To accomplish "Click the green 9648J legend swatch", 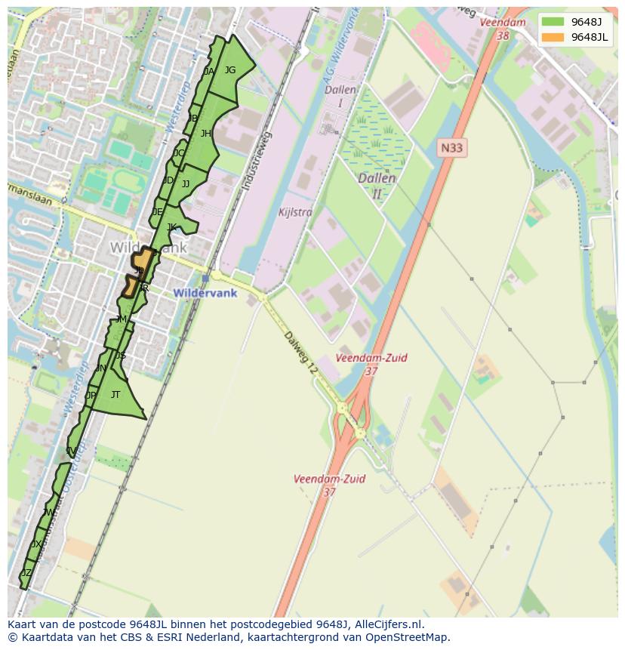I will tap(552, 22).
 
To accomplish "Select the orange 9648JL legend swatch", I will tap(552, 37).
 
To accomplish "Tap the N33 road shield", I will tap(451, 148).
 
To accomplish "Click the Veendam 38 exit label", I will tap(503, 29).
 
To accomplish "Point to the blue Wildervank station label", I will tap(205, 293).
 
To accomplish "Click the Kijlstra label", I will tap(294, 213).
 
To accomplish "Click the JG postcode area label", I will tap(230, 70).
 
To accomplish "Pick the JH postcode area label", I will tap(205, 134).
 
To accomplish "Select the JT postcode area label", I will tap(115, 395).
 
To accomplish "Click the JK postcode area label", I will tap(171, 227).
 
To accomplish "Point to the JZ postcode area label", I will tap(26, 573).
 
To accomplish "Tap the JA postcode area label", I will tap(209, 72).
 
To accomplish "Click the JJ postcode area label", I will tap(186, 184).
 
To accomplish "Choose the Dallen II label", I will tap(377, 186).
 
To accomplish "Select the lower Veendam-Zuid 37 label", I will tap(329, 485).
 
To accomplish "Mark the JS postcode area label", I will tap(120, 356).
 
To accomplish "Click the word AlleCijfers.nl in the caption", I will tap(391, 625).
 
